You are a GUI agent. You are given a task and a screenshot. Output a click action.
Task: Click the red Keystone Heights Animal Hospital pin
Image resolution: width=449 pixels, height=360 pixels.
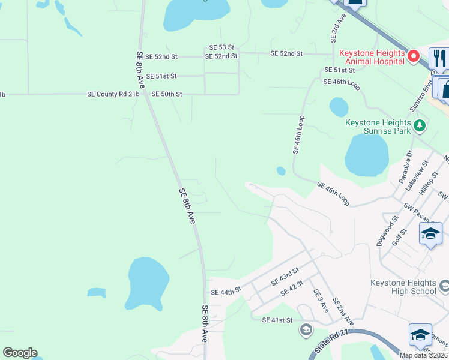pos(413,57)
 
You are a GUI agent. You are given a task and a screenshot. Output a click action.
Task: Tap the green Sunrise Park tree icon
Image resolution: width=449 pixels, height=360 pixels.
pos(420,126)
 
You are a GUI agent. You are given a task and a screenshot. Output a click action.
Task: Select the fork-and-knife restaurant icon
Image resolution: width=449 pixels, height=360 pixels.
pos(439,58)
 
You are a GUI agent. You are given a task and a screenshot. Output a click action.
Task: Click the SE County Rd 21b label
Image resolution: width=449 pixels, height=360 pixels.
pos(113,94)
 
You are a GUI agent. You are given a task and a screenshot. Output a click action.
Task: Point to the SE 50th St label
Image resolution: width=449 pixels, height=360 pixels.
pos(166,94)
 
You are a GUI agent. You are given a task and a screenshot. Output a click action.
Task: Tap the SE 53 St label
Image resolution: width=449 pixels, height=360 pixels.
pos(221,47)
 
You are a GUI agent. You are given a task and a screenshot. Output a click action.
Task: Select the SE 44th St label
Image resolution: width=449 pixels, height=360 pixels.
pos(226,292)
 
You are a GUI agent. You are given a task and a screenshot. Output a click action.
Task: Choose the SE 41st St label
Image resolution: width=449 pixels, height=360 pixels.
pos(277,320)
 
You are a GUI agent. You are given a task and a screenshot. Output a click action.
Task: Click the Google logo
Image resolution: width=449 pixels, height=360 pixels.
pos(20,353)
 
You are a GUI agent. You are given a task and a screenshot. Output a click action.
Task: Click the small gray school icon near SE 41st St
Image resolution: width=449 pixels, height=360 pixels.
pos(306,329)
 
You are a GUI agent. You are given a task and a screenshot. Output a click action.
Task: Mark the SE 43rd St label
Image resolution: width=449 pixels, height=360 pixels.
pos(285,277)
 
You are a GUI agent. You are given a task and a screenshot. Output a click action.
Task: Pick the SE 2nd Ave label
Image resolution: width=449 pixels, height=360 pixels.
pos(343,313)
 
